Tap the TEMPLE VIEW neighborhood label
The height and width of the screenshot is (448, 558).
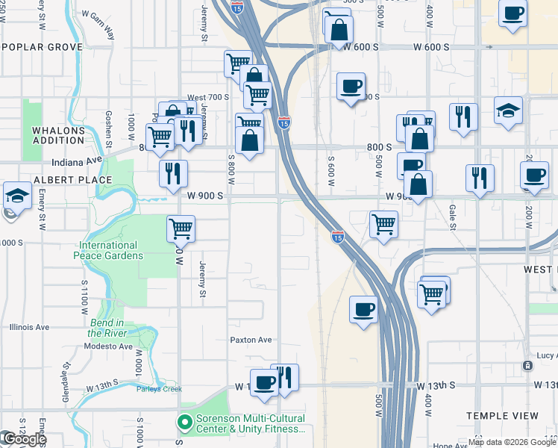coord(501,416)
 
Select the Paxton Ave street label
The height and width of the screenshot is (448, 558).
coord(251,340)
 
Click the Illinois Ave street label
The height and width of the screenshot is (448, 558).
coord(29,327)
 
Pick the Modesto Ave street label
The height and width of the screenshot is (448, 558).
coord(108,346)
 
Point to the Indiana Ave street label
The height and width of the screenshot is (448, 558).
coord(76,161)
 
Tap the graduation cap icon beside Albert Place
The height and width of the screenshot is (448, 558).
coord(17,196)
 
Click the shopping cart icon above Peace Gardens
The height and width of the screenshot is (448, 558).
coord(181,228)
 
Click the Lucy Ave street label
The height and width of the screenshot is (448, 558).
coord(546,355)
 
